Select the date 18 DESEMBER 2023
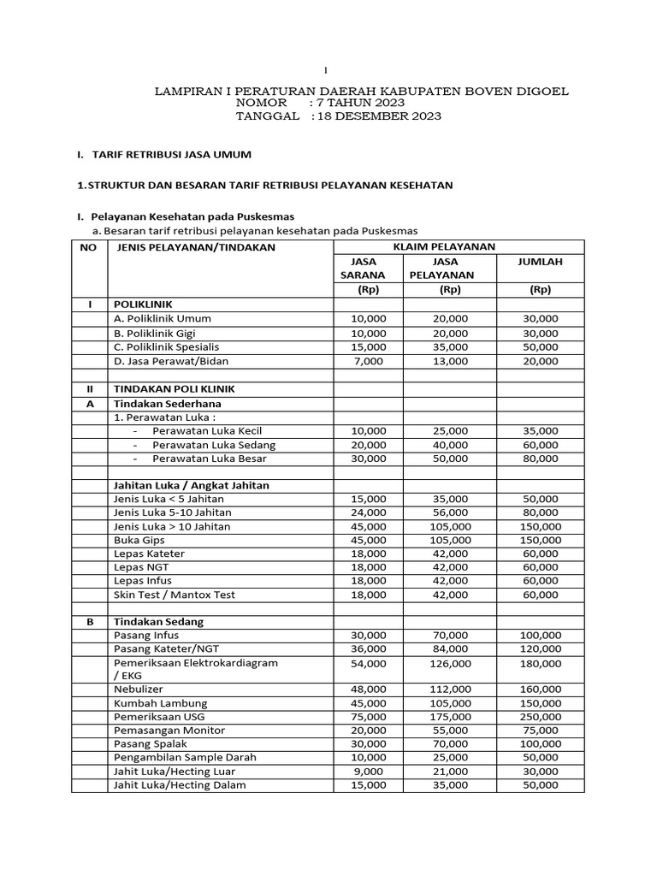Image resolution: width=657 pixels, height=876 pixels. tap(378, 116)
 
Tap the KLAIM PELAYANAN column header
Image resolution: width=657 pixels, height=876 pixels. tap(443, 246)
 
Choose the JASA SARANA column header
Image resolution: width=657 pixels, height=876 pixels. tap(364, 269)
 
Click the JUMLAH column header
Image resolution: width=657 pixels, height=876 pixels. tap(540, 262)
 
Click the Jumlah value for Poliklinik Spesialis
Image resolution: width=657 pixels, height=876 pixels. tap(540, 346)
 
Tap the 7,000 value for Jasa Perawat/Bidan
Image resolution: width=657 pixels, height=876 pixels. tap(369, 361)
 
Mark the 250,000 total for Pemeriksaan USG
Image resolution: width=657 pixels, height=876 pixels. tap(540, 716)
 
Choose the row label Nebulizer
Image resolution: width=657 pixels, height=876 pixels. tap(139, 689)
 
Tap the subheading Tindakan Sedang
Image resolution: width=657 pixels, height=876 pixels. tap(158, 622)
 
